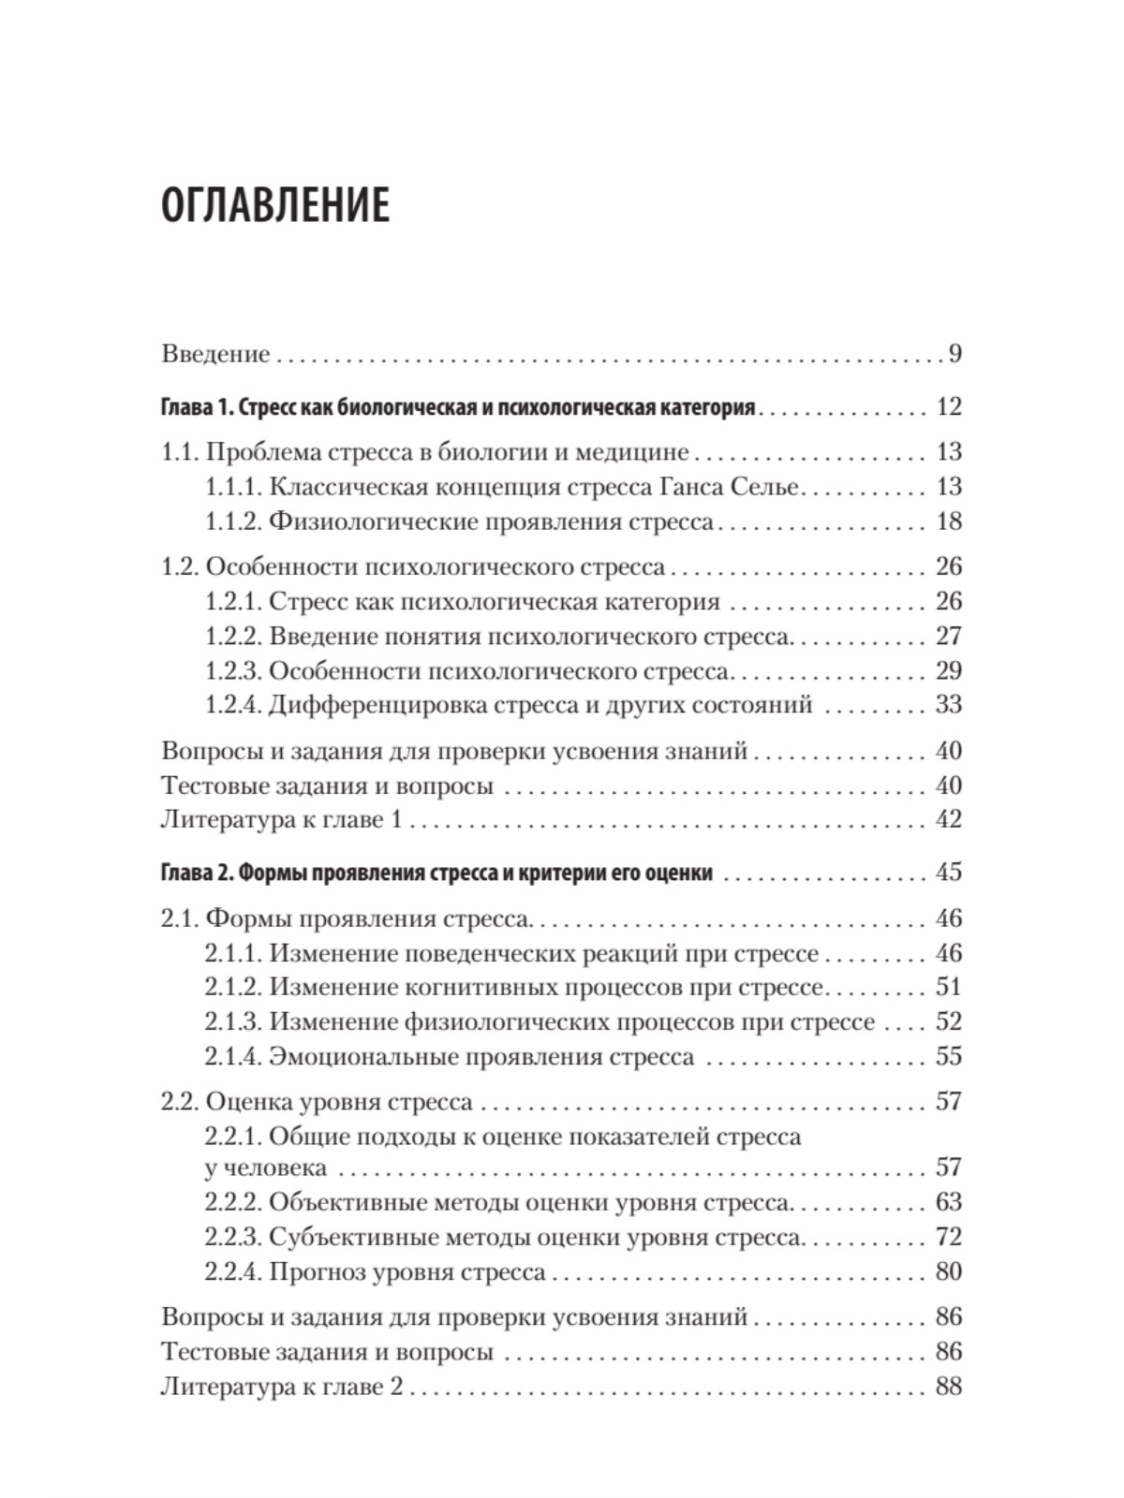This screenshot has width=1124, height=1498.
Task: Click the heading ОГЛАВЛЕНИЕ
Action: (274, 206)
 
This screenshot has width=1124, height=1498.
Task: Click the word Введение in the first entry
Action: (215, 354)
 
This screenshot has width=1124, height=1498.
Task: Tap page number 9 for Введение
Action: (954, 354)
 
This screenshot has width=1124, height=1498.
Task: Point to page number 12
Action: (948, 407)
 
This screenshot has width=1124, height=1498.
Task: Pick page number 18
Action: (948, 521)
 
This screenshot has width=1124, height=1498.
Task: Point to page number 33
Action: (948, 705)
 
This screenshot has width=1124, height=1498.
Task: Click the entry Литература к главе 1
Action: (282, 820)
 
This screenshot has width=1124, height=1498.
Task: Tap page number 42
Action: (948, 820)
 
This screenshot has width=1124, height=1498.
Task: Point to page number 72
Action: (948, 1237)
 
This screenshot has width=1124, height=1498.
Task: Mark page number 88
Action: (948, 1387)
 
